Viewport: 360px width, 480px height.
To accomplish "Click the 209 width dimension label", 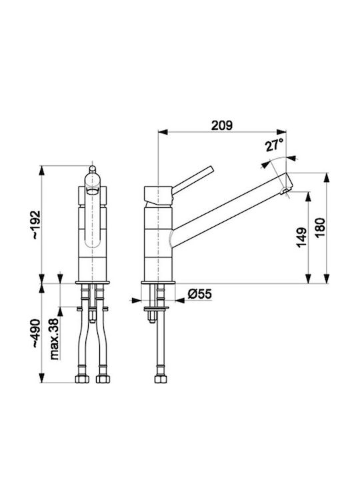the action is (x=222, y=125).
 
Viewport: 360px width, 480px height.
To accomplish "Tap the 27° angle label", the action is (x=274, y=145).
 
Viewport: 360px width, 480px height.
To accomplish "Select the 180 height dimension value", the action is (x=320, y=228).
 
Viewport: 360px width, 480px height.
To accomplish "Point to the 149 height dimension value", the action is (x=301, y=237).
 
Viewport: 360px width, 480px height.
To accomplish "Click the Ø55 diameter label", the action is (x=199, y=294).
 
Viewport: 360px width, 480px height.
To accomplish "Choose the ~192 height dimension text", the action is (x=36, y=225).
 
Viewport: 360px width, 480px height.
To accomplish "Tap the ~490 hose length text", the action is (x=36, y=333).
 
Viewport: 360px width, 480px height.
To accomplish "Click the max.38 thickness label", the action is (x=54, y=339).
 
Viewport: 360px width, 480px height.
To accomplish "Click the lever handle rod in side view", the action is (x=192, y=180).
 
